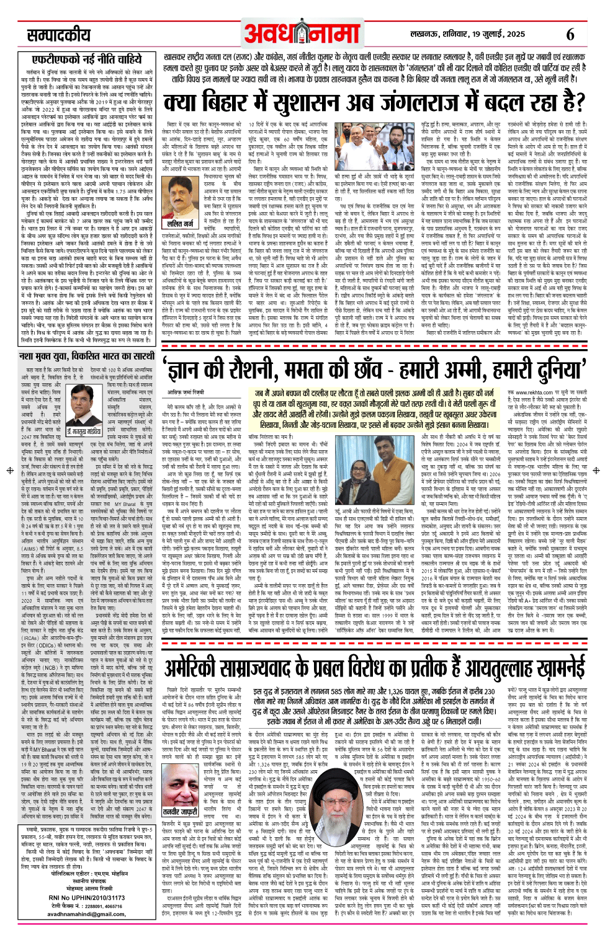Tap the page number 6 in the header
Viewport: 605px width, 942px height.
pyautogui.click(x=570, y=35)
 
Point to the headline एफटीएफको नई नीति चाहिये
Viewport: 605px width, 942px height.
pyautogui.click(x=87, y=60)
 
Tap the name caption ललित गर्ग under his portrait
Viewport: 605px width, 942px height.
pyautogui.click(x=180, y=224)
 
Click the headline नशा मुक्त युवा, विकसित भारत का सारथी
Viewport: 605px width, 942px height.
pyautogui.click(x=86, y=357)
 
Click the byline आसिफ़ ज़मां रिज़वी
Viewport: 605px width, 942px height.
pyautogui.click(x=186, y=393)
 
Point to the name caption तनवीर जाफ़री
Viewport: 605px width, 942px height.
pyautogui.click(x=180, y=811)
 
